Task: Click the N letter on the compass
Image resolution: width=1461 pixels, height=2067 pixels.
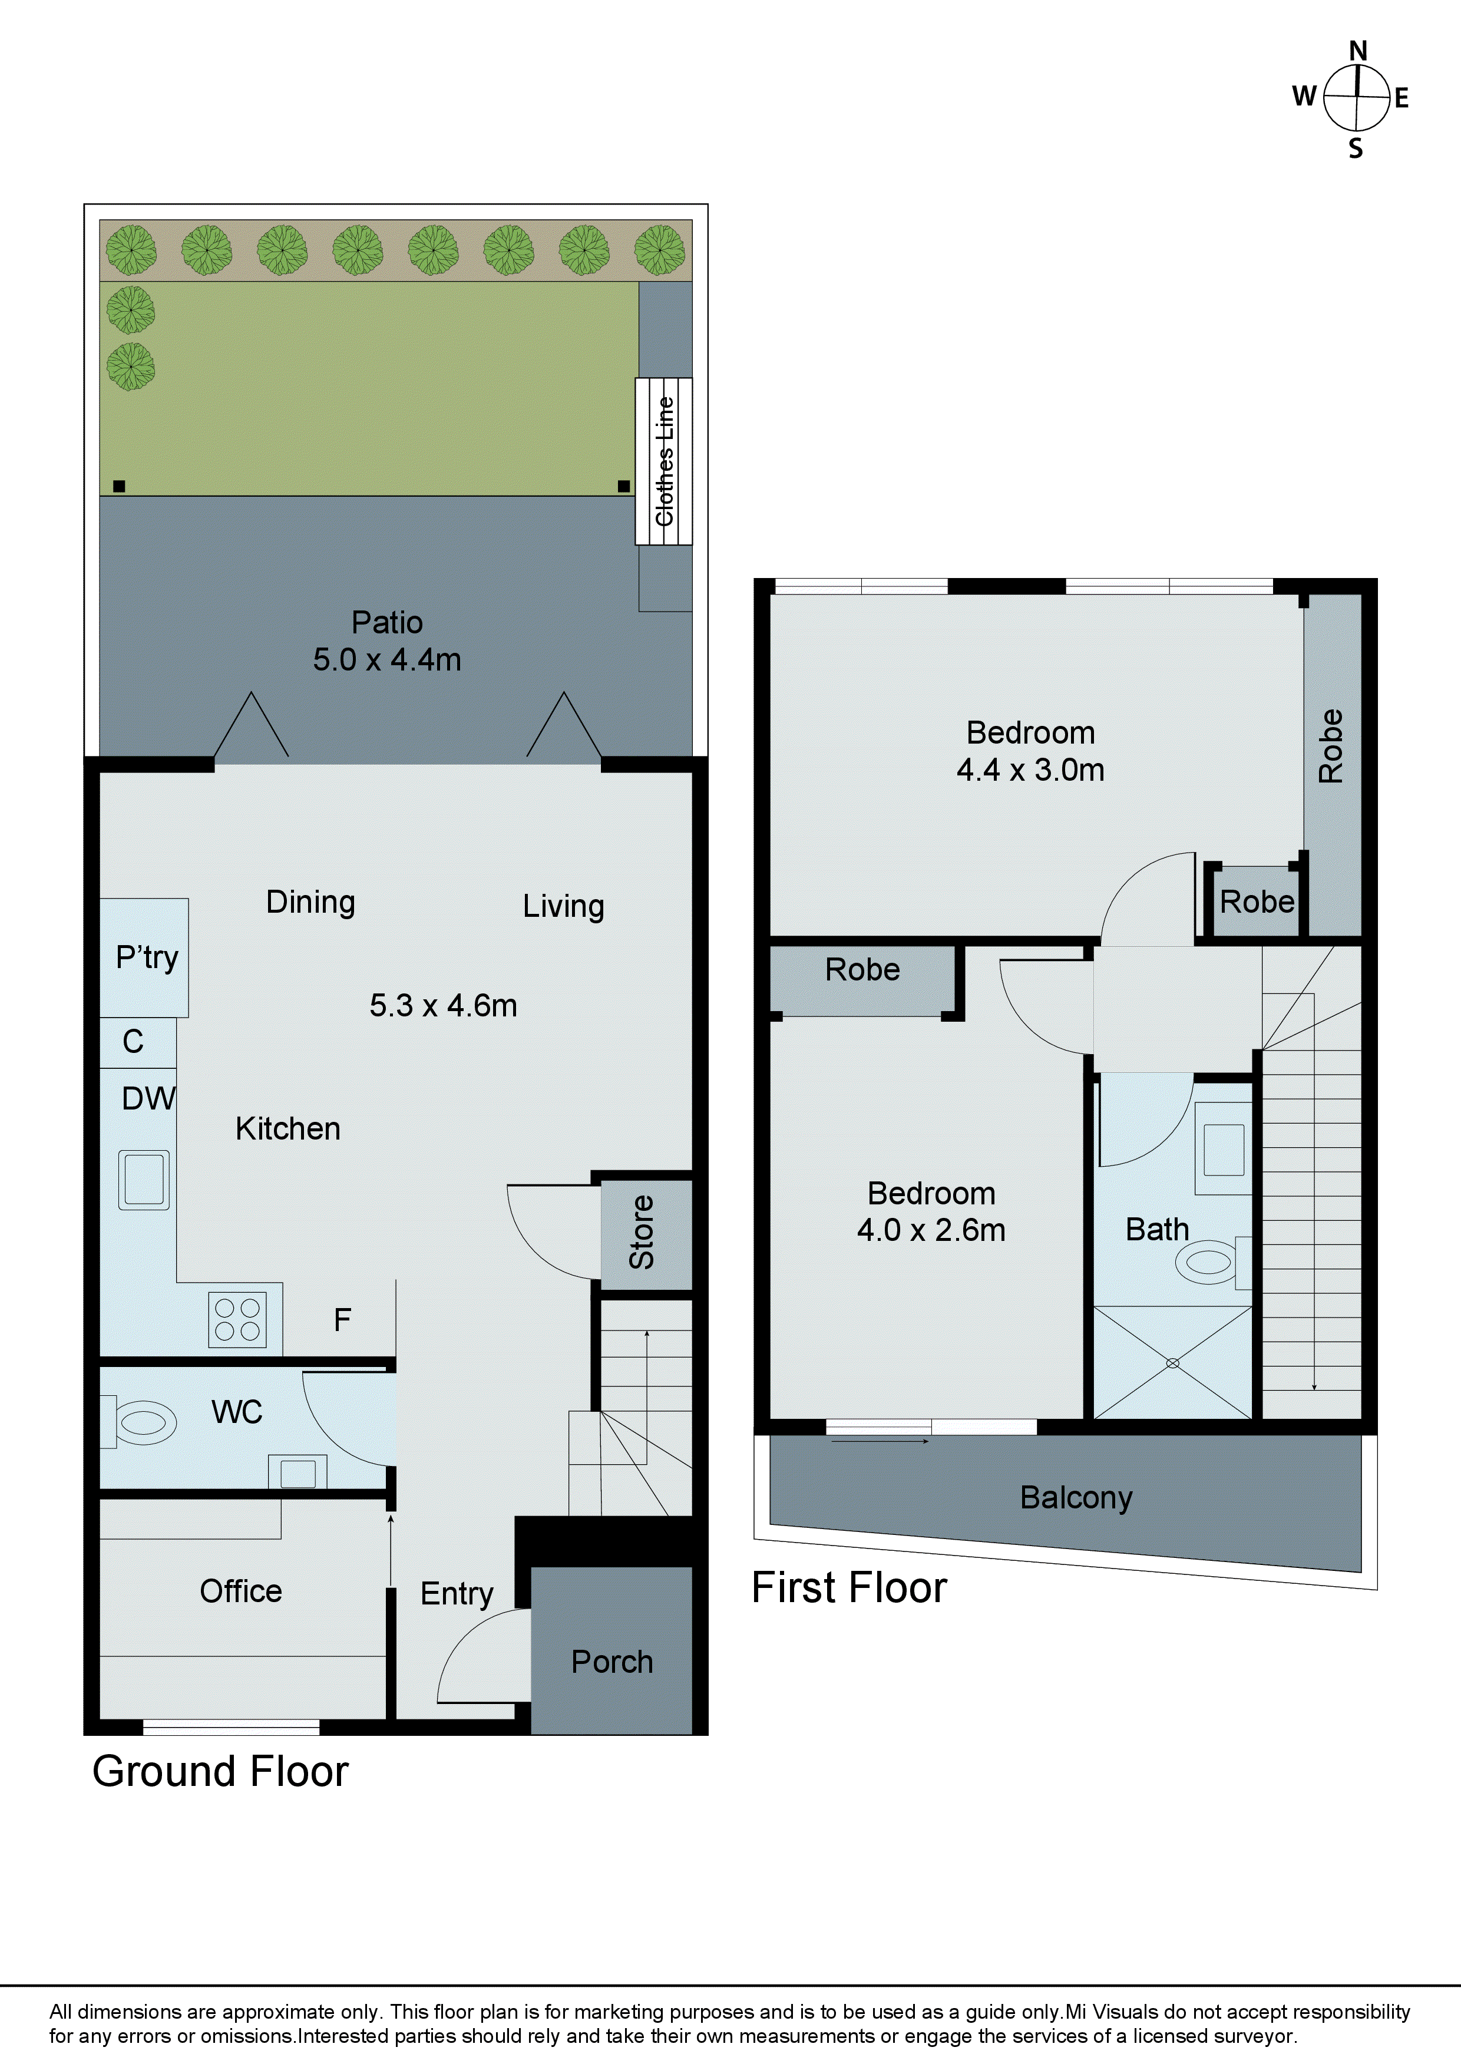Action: (x=1357, y=51)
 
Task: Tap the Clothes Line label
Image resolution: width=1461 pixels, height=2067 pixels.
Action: (x=665, y=461)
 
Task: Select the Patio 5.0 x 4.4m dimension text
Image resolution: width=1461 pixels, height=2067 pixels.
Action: (x=387, y=660)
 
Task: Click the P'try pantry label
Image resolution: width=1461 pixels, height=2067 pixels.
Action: (x=147, y=956)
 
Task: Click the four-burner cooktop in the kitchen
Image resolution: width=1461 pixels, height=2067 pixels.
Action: (x=237, y=1320)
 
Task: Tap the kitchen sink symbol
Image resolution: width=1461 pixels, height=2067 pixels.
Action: (x=144, y=1180)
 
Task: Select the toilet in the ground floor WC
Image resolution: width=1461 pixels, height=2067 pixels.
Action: (x=144, y=1422)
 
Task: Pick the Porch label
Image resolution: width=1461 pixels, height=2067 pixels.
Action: (x=612, y=1662)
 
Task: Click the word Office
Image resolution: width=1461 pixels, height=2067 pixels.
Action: (x=240, y=1591)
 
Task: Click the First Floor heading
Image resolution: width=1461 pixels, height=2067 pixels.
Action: (x=849, y=1588)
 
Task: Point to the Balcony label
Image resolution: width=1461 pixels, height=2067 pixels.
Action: (x=1076, y=1497)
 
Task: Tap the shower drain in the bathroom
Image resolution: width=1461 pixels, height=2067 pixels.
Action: (x=1172, y=1363)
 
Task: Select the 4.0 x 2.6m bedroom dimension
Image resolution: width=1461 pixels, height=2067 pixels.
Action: (x=931, y=1230)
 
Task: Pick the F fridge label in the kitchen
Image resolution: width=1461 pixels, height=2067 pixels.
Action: (x=342, y=1320)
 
